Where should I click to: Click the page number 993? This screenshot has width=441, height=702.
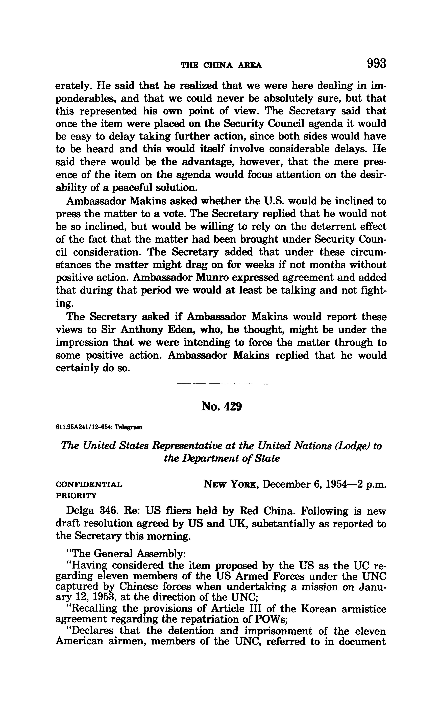click(x=376, y=63)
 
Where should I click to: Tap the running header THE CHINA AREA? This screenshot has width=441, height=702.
click(x=221, y=66)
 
